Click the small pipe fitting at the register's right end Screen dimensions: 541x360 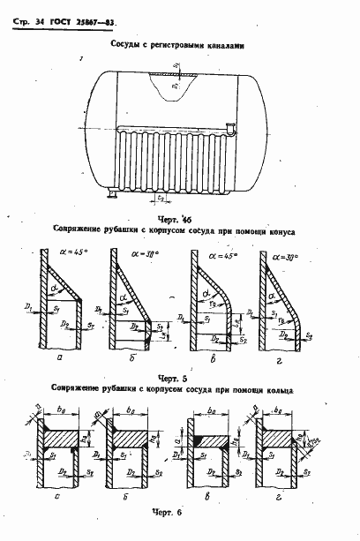228,131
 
